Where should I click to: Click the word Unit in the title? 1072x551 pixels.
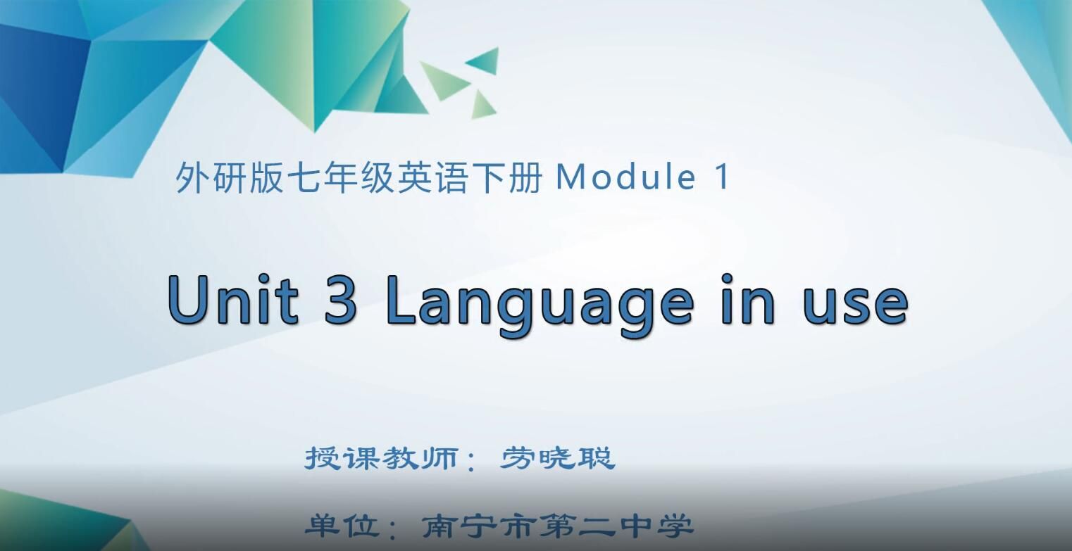pyautogui.click(x=232, y=298)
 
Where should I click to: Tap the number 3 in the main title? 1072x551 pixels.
pyautogui.click(x=341, y=298)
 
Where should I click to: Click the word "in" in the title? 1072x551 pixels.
pyautogui.click(x=748, y=298)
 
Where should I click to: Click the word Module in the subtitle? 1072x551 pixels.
pyautogui.click(x=625, y=177)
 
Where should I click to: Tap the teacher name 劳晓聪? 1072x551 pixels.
pyautogui.click(x=558, y=458)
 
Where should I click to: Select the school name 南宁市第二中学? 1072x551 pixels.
pyautogui.click(x=557, y=526)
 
